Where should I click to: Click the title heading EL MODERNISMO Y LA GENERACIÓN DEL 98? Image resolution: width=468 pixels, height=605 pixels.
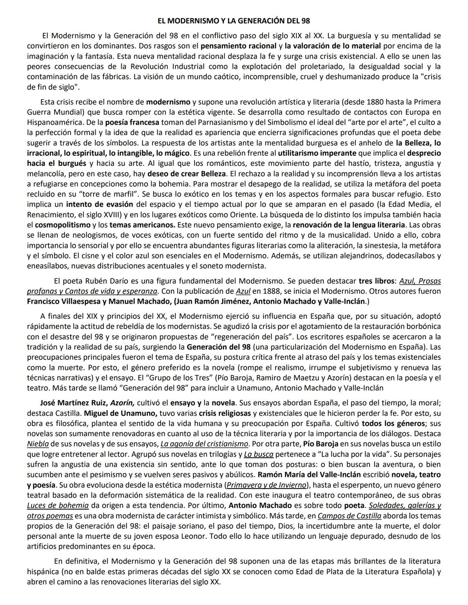(x=234, y=20)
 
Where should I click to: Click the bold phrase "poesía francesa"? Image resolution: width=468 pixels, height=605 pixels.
(x=132, y=123)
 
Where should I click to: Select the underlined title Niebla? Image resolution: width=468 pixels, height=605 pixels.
(x=38, y=443)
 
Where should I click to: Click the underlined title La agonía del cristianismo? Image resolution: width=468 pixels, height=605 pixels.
(x=204, y=443)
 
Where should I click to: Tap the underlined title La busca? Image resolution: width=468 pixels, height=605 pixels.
(x=258, y=454)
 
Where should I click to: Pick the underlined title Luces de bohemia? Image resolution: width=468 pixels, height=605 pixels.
(x=58, y=505)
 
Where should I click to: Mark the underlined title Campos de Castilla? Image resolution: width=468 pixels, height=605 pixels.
(x=349, y=516)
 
